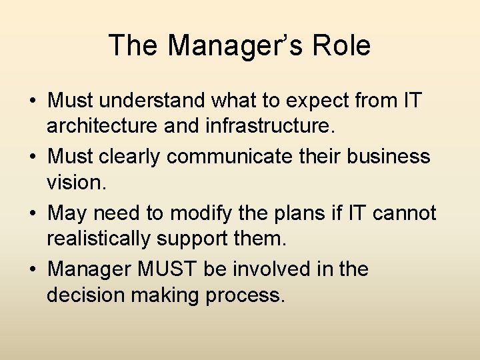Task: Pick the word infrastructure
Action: [240, 126]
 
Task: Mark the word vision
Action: [76, 182]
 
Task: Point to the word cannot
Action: [405, 214]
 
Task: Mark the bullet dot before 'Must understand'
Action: [32, 102]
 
